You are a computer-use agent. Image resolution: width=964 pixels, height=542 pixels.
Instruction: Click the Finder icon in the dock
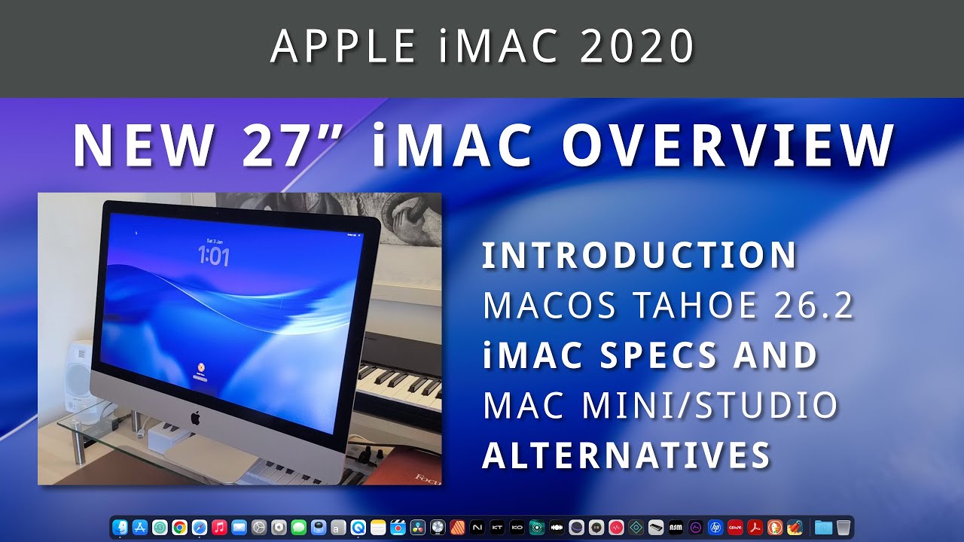pos(120,528)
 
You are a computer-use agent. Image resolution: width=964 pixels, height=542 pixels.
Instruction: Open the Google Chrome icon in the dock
pos(179,528)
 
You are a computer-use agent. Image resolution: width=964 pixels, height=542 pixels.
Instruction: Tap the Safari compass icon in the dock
pos(199,528)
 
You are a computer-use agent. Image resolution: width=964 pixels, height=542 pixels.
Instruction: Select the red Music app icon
pos(219,528)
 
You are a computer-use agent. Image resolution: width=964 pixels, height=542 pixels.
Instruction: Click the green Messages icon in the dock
pos(298,528)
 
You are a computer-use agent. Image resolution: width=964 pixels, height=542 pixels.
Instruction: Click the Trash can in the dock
pos(843,528)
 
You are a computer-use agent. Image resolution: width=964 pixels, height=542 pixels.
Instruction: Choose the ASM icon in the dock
pos(676,528)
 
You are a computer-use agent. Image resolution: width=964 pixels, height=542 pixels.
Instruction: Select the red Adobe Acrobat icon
pos(755,528)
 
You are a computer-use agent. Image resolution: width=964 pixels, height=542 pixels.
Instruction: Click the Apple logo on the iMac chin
pos(195,416)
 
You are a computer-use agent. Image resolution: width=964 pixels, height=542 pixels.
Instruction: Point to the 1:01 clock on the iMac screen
pos(213,257)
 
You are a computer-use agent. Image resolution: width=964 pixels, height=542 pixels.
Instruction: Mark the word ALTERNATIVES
pos(627,455)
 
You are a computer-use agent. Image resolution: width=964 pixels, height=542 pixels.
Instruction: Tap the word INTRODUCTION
pos(639,256)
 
